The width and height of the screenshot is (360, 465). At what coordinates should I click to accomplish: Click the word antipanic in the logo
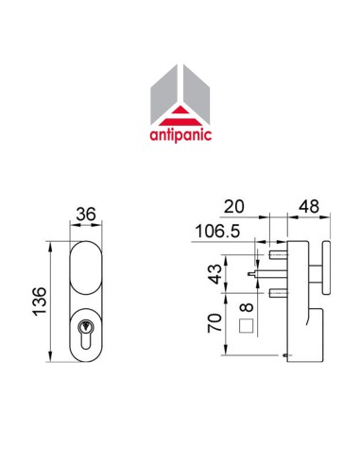(x=180, y=134)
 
